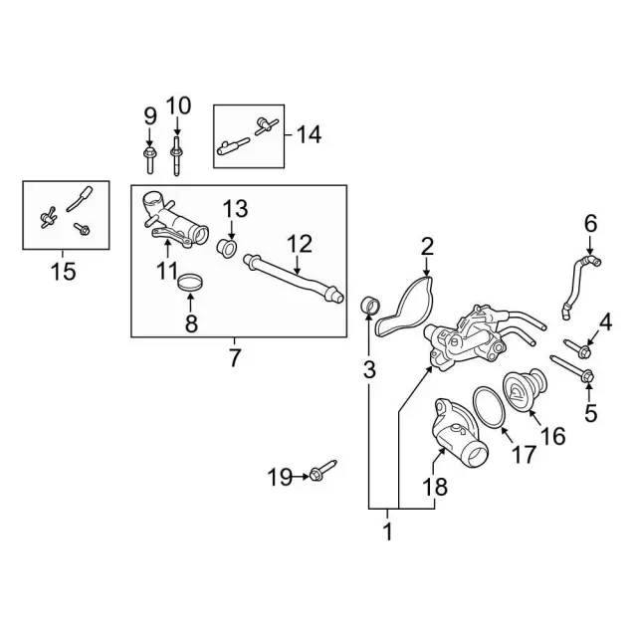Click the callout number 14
coord(309,133)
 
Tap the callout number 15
coord(62,270)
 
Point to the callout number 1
coord(387,531)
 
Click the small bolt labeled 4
coord(579,346)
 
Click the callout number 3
coord(369,371)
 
